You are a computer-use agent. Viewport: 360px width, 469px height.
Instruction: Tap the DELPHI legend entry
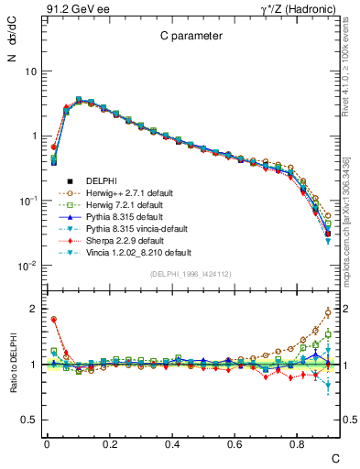point(104,180)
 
